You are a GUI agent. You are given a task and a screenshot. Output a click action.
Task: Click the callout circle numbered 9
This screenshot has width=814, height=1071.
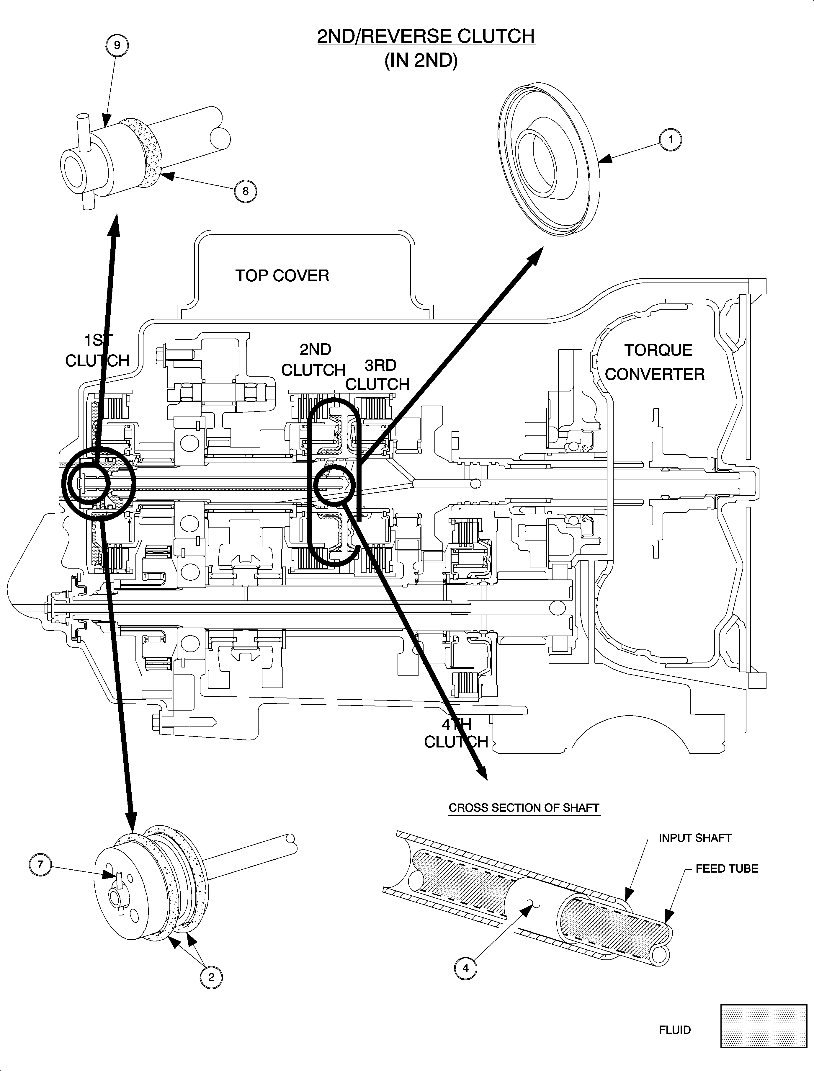click(117, 45)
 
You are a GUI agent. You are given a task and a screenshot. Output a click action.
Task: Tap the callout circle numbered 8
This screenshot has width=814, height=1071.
click(245, 191)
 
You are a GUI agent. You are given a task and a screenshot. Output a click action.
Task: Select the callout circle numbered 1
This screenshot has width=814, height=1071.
click(671, 140)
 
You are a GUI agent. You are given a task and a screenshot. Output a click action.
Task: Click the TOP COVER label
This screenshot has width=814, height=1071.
click(282, 276)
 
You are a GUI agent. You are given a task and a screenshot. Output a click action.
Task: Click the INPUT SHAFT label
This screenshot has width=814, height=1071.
click(695, 838)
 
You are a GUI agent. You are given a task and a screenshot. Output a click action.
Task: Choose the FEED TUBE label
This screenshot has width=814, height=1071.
click(727, 869)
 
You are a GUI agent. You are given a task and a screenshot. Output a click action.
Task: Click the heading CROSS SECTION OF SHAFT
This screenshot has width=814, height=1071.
click(524, 808)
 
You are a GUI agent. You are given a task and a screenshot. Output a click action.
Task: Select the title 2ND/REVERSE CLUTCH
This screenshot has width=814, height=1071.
click(426, 36)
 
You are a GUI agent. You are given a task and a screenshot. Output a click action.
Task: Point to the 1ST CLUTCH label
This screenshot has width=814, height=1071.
click(97, 350)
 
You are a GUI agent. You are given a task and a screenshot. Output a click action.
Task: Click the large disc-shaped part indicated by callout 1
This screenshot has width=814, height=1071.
click(547, 160)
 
